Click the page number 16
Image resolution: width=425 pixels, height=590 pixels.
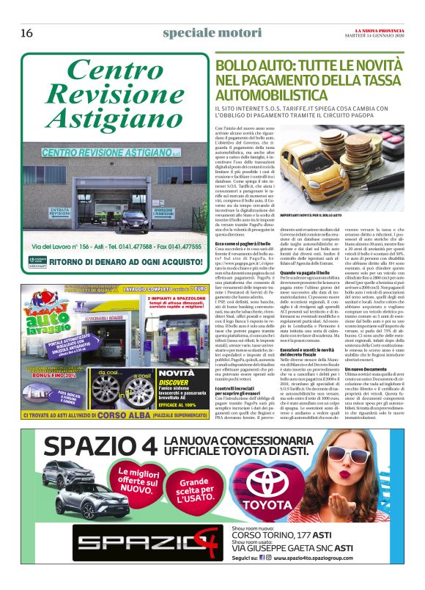(x=26, y=33)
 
